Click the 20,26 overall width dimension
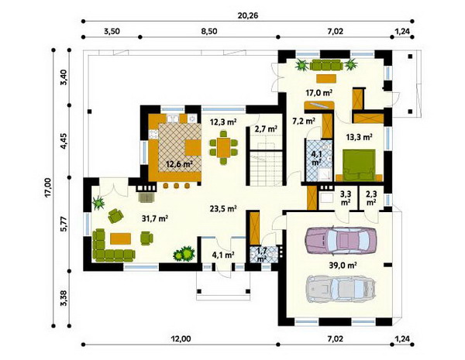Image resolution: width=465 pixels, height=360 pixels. [248, 15]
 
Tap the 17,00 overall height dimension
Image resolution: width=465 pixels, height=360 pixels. [48, 187]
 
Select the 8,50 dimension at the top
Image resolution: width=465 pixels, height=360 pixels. [209, 31]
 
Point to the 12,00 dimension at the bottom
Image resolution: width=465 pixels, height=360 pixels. [181, 338]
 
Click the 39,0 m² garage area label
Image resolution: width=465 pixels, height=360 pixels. [343, 266]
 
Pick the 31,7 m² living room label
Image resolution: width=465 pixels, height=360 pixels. [155, 218]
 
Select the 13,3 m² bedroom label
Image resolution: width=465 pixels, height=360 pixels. [360, 137]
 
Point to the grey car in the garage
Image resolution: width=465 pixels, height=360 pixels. [341, 289]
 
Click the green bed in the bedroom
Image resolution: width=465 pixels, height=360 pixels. [360, 165]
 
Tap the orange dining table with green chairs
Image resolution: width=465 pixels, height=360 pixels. [224, 148]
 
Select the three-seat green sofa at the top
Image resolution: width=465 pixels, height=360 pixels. [326, 65]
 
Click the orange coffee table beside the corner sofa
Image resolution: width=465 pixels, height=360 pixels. [120, 238]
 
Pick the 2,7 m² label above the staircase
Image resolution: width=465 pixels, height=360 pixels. [266, 129]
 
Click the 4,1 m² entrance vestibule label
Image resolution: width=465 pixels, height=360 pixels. [224, 255]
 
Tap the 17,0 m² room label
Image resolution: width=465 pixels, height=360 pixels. [319, 93]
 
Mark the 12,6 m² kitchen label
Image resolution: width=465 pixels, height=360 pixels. [180, 164]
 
